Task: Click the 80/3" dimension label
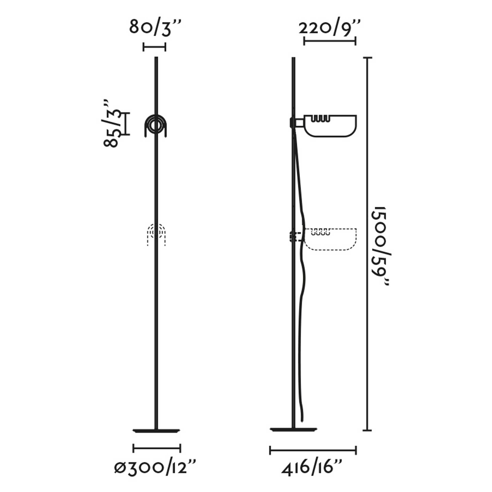click(x=155, y=28)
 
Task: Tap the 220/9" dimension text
click(x=329, y=29)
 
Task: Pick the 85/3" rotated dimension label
click(x=111, y=124)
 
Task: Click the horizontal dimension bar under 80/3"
click(x=154, y=47)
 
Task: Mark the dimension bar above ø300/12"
click(x=157, y=448)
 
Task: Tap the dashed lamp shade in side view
click(x=331, y=239)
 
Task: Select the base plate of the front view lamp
click(x=157, y=431)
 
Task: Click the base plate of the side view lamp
click(x=294, y=430)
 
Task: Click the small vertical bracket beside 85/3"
click(x=127, y=124)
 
